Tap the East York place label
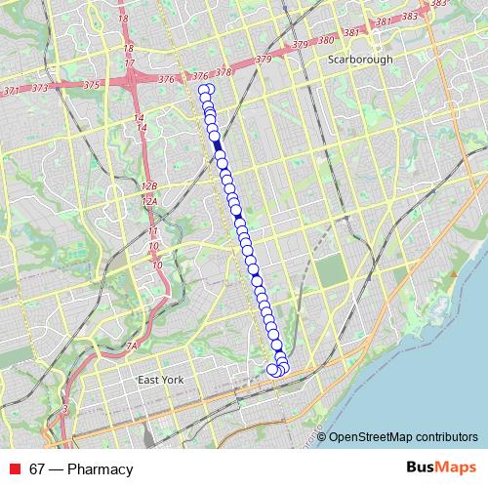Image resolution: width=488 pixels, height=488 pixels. (160, 380)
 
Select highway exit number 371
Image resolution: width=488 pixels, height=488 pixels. (11, 90)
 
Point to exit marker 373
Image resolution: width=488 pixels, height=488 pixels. (39, 88)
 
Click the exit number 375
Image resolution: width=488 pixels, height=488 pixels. (92, 85)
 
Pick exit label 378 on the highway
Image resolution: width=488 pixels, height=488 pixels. (224, 71)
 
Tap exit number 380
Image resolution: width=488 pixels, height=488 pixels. (326, 40)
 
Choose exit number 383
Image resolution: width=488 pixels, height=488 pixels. (410, 17)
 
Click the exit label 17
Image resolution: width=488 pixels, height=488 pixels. (129, 63)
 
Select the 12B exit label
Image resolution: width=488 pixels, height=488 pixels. (149, 185)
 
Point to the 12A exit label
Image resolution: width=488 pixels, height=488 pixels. (149, 202)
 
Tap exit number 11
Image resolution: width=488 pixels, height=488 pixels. (152, 231)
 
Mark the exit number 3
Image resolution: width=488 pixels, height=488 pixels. (64, 408)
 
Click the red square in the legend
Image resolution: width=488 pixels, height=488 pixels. (16, 469)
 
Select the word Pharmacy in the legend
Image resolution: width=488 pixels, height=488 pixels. (99, 469)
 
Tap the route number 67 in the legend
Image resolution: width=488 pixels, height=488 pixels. (38, 469)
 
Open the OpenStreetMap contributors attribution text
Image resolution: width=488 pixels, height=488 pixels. (404, 436)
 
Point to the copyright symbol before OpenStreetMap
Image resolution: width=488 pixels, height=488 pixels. (322, 436)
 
